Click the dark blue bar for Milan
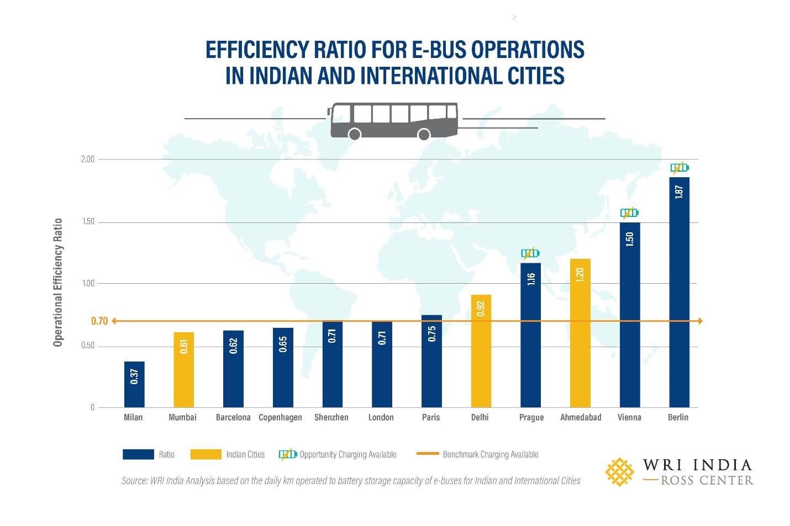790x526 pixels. pos(134,384)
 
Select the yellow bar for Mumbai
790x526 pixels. pos(183,369)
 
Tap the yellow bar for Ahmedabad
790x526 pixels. pos(580,333)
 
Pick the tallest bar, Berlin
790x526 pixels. pos(679,292)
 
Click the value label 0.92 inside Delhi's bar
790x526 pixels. pos(481,309)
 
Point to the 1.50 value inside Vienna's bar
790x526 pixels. pos(630,239)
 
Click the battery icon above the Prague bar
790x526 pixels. pos(530,253)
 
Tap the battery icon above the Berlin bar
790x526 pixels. pos(679,167)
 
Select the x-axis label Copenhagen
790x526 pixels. pos(280,417)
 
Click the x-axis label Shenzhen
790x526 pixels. pos(331,417)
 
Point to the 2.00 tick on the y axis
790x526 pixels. pos(88,159)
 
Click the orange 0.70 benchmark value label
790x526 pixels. pos(99,321)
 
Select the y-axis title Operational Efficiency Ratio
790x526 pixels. pos(57,283)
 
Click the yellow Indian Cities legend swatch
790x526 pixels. pos(206,454)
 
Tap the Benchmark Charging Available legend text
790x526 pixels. pos(490,454)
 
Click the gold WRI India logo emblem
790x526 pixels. pos(619,471)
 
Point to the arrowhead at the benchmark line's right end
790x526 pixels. pos(699,321)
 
